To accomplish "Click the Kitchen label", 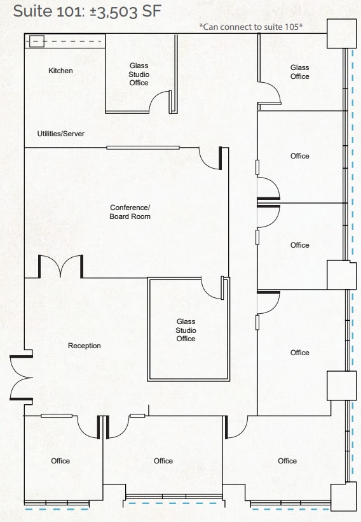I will click(x=60, y=71).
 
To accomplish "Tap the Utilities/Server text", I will click(x=60, y=134).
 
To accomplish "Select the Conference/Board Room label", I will click(x=130, y=212).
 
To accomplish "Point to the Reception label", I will click(x=84, y=346).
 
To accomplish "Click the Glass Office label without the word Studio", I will click(x=299, y=72).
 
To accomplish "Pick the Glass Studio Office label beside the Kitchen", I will click(x=139, y=74).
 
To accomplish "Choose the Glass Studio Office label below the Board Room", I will click(x=186, y=330).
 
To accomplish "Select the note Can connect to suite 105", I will click(x=250, y=27).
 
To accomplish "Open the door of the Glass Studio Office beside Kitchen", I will click(x=160, y=102).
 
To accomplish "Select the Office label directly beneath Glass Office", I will click(x=299, y=156).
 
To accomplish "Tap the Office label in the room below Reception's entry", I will click(x=60, y=461).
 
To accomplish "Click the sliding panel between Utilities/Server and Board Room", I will click(x=142, y=148).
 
